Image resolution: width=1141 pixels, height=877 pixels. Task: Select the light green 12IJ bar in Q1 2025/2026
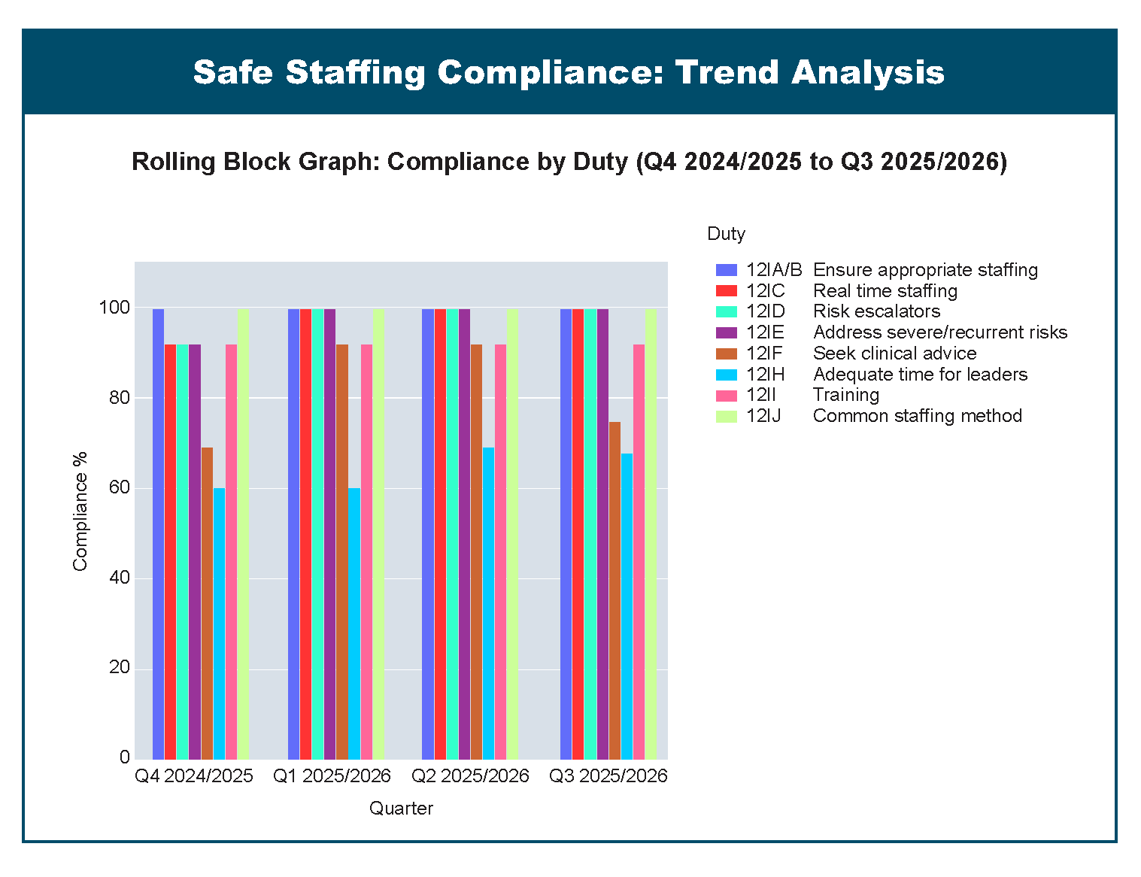point(378,533)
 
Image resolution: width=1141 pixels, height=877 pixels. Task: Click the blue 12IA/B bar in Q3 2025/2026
point(566,533)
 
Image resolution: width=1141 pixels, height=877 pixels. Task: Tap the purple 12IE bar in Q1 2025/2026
point(329,533)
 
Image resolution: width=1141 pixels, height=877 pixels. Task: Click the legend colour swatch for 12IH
point(726,375)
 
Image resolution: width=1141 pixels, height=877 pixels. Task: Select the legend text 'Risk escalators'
point(876,311)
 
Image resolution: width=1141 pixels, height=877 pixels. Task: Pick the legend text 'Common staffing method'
point(917,416)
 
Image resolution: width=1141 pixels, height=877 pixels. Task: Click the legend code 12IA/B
point(774,270)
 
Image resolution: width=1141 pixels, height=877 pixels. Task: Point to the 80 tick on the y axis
point(120,398)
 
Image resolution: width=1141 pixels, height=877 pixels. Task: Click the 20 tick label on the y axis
point(120,668)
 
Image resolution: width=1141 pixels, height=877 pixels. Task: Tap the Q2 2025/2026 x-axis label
point(470,776)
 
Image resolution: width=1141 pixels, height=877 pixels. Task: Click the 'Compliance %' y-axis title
point(80,511)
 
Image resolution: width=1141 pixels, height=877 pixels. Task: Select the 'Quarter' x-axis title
point(401,809)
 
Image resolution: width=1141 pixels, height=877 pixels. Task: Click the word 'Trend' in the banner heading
point(725,72)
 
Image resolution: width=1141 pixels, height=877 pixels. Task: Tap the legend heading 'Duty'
point(726,234)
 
